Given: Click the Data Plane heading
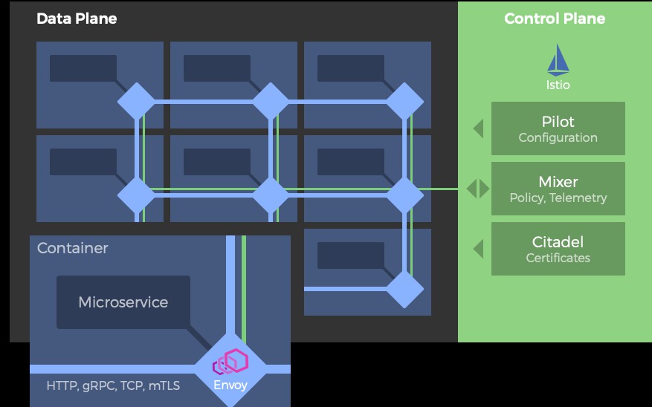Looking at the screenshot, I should click(77, 19).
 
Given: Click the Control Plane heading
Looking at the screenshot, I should click(555, 19).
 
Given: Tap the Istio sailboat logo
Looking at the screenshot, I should click(558, 60).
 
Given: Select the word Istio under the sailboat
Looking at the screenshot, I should click(558, 85).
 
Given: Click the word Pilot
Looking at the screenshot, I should click(558, 122).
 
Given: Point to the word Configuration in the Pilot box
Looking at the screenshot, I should click(558, 137).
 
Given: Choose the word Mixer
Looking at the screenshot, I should click(558, 182).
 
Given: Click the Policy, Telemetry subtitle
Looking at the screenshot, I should click(558, 198).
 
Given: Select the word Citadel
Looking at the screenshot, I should click(558, 242).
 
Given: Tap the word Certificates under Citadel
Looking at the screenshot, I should click(558, 258).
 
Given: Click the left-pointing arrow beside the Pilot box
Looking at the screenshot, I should click(478, 128).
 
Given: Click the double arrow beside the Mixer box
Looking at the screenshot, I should click(478, 189).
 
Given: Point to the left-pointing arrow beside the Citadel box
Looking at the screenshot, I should click(478, 249).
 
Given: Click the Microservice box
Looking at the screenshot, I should click(123, 302).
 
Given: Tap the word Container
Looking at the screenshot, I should click(73, 248).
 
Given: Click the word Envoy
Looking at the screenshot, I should click(230, 385).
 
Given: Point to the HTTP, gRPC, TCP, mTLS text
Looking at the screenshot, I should click(113, 385).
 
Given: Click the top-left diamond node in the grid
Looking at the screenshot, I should click(137, 101).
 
